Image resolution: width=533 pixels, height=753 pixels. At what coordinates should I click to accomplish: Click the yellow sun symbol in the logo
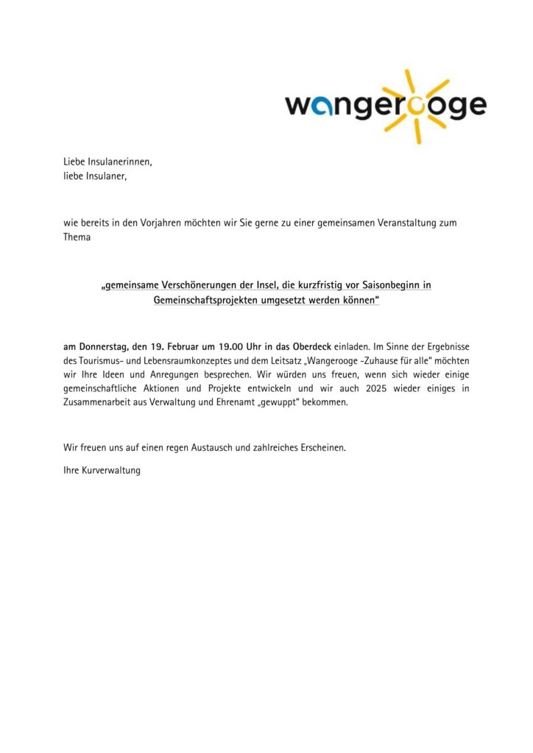(x=417, y=105)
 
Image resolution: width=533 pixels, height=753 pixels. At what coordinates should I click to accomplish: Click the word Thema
(x=77, y=237)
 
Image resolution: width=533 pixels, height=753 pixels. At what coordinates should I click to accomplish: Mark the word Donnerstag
(x=105, y=346)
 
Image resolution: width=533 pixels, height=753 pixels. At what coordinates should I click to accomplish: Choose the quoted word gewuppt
(x=309, y=403)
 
